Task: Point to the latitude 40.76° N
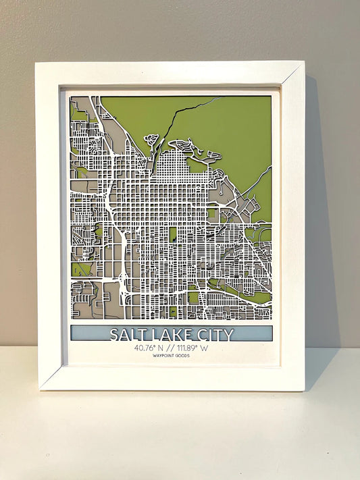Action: pos(150,348)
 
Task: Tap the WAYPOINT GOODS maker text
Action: pos(172,356)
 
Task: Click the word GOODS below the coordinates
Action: pos(181,356)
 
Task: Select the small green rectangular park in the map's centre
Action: pos(173,234)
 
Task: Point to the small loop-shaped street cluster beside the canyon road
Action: pos(151,140)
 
